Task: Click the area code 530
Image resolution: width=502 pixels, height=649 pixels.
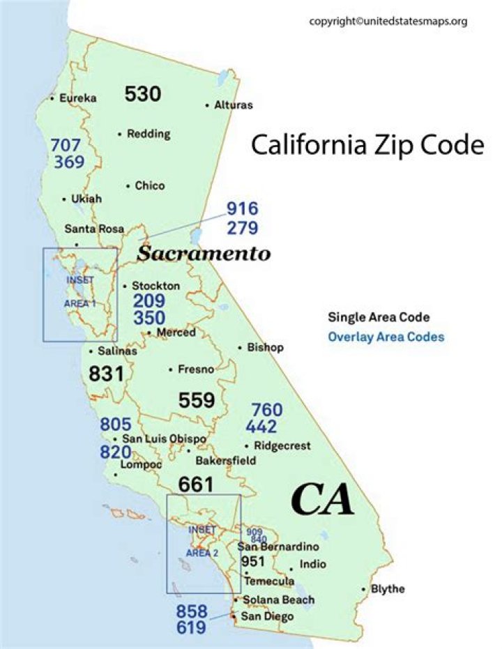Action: point(143,94)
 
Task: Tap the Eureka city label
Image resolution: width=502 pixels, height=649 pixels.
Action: point(77,98)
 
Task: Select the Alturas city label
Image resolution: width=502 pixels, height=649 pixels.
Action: point(234,105)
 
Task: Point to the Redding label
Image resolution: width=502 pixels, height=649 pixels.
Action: point(148,134)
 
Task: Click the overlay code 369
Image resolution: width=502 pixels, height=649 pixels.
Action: point(68,162)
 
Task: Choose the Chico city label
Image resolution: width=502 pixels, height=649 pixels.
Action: point(149,185)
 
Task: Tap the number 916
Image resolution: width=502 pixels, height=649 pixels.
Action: point(242,208)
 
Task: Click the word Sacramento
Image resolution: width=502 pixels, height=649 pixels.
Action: point(203,253)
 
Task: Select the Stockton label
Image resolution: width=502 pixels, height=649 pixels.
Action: point(155,286)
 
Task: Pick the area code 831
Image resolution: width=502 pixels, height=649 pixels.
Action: point(106,374)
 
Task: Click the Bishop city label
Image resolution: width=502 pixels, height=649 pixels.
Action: point(265,347)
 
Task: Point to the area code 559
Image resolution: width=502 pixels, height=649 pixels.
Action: point(197,400)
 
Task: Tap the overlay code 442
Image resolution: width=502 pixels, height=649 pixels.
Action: point(261,427)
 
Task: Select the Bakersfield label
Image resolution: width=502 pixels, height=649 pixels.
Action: point(225,461)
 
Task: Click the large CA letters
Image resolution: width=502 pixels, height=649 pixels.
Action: point(322,500)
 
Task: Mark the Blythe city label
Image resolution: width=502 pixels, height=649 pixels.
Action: point(388,589)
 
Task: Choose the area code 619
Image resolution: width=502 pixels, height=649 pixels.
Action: point(191,627)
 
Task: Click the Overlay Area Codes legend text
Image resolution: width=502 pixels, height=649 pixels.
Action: point(386,337)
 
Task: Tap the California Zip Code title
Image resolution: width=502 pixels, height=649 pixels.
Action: point(367,145)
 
